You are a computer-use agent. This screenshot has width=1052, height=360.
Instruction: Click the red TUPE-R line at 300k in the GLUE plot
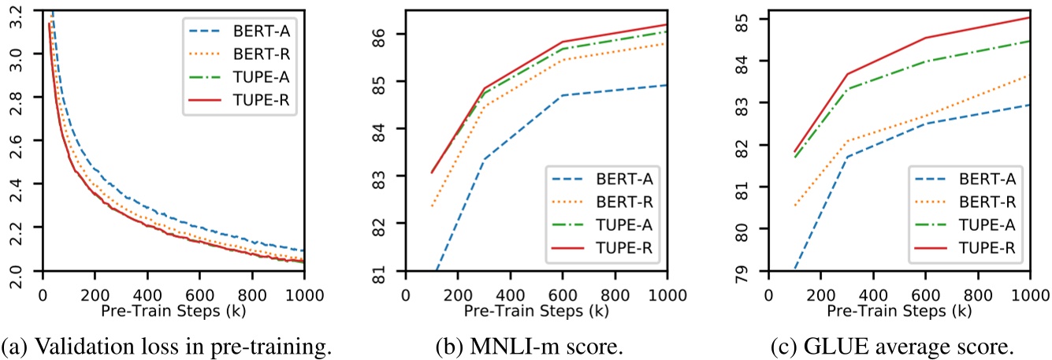pos(846,74)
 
